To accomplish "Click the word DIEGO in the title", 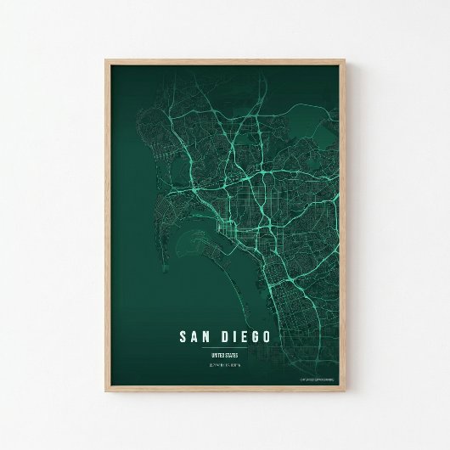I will point(246,336).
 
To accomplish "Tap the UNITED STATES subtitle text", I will point(225,355).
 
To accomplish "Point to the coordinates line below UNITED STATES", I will point(225,366).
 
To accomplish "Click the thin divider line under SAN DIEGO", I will point(225,347).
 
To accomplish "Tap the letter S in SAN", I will point(183,336).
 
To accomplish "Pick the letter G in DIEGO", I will point(256,336).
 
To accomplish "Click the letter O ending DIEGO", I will point(267,336).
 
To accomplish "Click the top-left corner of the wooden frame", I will point(106,59).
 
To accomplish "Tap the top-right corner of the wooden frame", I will point(346,59).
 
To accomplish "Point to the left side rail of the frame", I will point(107,229).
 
